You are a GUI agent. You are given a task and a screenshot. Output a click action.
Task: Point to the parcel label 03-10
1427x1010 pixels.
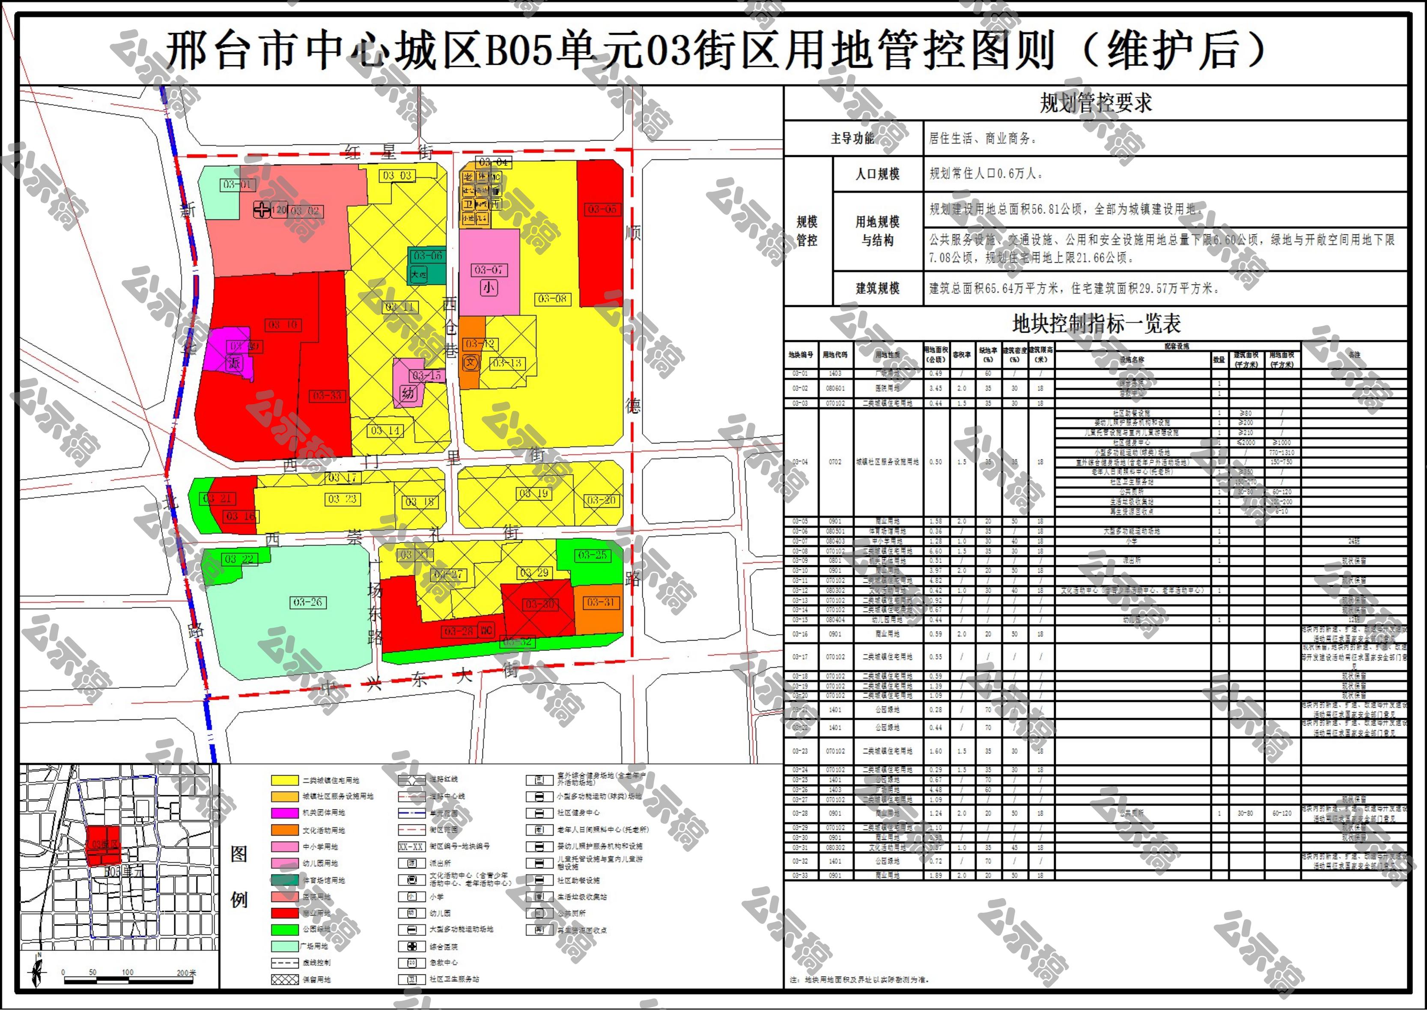[x=283, y=325]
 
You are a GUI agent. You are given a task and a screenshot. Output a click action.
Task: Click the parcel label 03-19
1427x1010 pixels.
[x=534, y=493]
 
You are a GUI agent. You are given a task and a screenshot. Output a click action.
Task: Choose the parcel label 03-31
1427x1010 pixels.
[x=600, y=602]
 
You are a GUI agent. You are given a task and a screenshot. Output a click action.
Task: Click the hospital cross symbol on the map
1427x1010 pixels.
[x=262, y=210]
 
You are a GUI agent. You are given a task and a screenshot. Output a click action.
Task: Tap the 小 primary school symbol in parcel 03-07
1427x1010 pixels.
[x=489, y=288]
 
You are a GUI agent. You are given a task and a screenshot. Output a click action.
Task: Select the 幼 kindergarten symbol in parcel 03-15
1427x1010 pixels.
[x=408, y=393]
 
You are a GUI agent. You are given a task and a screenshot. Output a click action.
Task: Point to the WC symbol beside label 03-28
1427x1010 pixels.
[x=486, y=631]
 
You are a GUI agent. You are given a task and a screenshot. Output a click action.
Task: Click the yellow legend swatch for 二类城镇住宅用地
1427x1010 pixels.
[x=285, y=780]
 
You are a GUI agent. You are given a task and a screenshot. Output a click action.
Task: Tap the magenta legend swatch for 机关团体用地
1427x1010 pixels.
[x=285, y=813]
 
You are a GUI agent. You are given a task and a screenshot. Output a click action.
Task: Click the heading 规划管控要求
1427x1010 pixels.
[x=1096, y=102]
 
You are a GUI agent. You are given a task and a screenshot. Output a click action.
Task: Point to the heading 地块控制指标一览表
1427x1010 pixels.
[x=1096, y=324]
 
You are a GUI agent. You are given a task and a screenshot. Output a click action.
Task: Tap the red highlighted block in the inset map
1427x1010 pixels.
[x=103, y=846]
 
